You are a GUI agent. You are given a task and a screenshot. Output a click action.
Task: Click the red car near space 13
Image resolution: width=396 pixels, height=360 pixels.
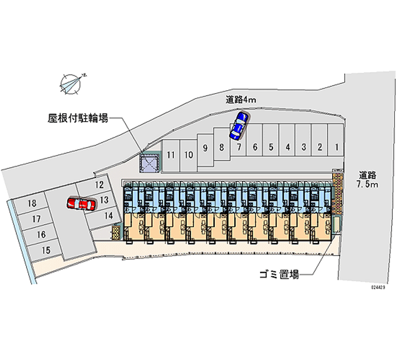click(82, 204)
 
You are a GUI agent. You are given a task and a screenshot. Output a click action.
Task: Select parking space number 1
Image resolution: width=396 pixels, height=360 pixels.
click(336, 147)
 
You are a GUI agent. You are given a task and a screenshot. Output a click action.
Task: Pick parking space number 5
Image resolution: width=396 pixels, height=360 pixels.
click(271, 147)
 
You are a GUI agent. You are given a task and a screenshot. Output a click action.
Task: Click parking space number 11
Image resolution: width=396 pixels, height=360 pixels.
click(171, 154)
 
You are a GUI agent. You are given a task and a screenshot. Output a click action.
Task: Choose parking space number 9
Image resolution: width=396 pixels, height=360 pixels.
click(205, 147)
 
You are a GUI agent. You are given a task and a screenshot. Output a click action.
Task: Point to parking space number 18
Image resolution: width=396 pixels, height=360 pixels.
click(32, 204)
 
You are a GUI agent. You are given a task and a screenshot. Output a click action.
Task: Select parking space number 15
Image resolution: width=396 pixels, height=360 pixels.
click(46, 250)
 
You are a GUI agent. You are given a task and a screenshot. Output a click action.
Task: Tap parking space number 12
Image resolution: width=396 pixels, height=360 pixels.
click(99, 185)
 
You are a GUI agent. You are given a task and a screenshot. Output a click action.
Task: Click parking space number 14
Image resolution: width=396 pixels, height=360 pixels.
click(109, 215)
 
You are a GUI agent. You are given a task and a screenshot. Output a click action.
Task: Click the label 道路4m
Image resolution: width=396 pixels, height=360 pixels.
click(241, 100)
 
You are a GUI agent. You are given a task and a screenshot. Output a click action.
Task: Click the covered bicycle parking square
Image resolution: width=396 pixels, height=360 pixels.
click(148, 162)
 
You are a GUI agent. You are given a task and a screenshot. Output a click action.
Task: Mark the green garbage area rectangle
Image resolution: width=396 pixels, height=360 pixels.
click(337, 225)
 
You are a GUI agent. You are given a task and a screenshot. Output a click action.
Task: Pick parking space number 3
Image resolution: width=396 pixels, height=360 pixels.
click(303, 147)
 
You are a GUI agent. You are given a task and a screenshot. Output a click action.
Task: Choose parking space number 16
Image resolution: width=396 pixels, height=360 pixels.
click(41, 234)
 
